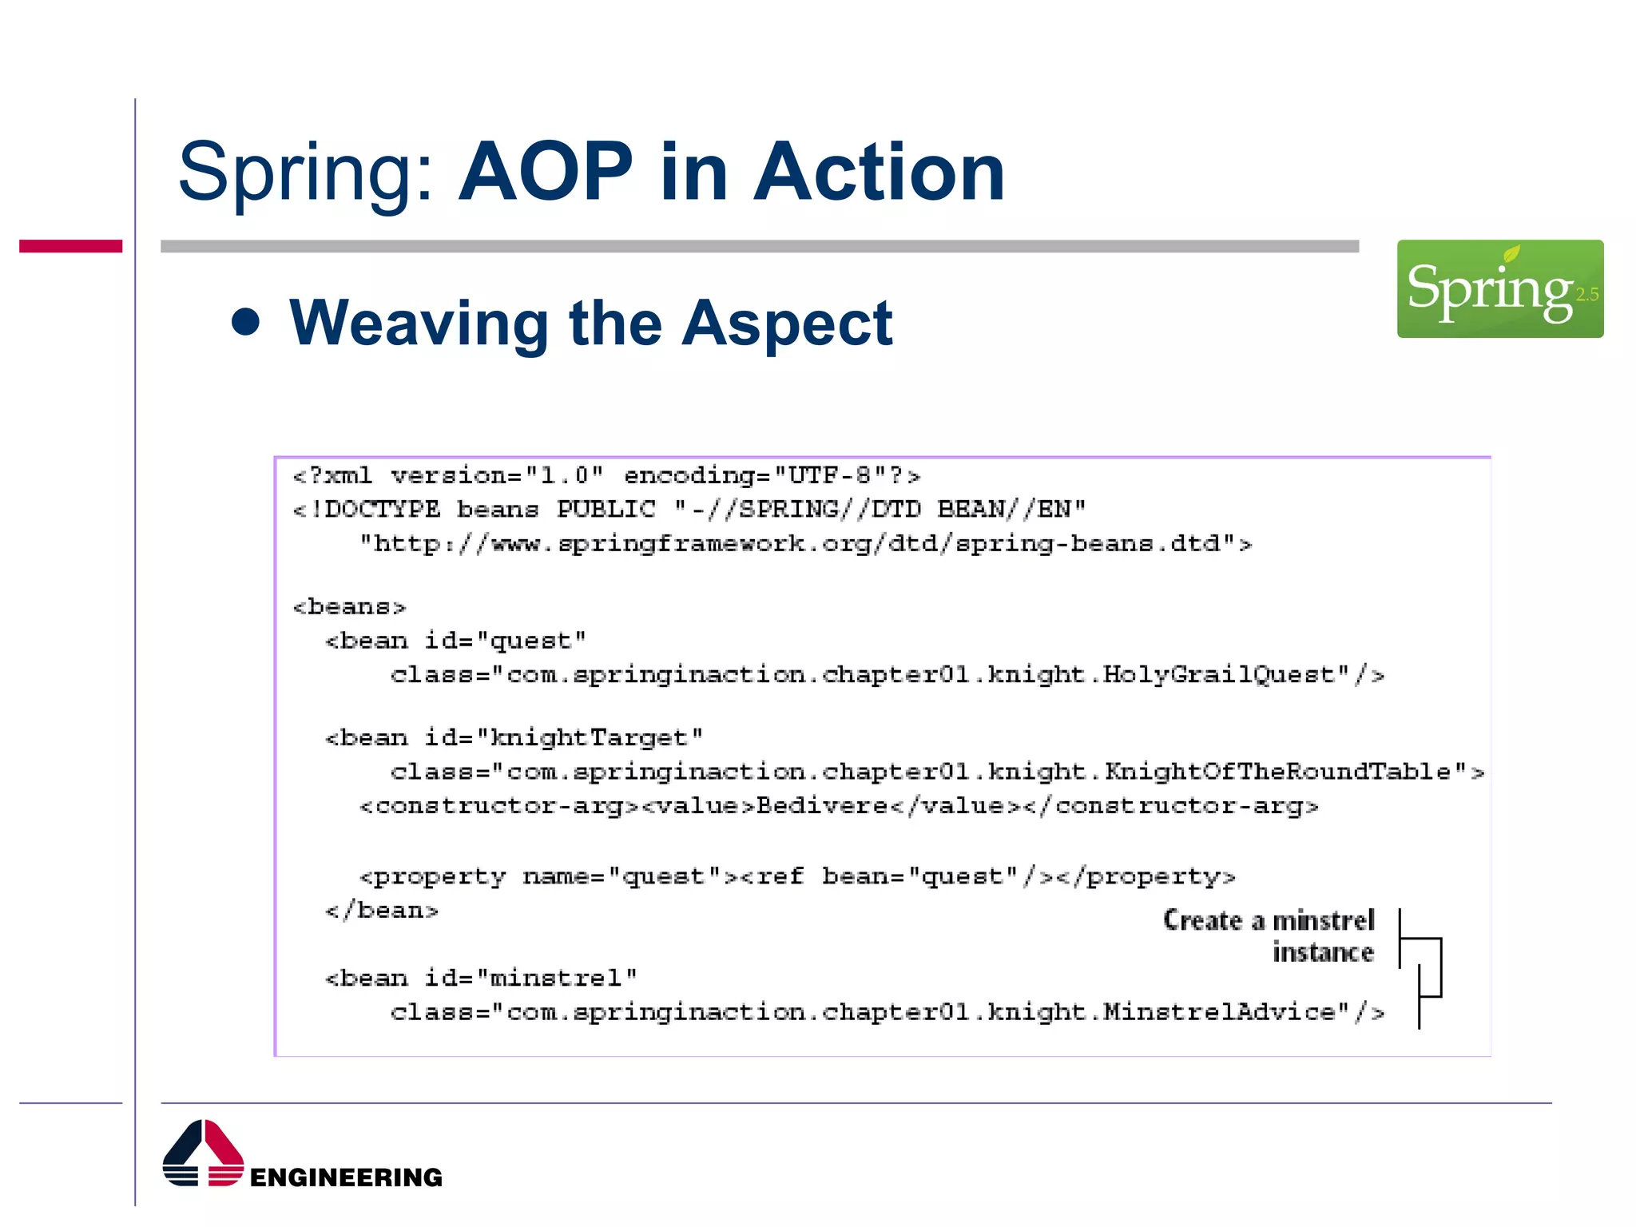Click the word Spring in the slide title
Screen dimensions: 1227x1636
pos(304,172)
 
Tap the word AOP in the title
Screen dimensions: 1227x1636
pos(546,172)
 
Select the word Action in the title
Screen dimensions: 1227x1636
pos(879,172)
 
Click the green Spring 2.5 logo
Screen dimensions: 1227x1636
pos(1499,288)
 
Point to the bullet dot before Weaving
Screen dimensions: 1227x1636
pos(246,322)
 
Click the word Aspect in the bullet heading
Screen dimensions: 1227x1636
pos(787,323)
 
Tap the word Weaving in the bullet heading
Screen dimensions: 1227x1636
pos(419,323)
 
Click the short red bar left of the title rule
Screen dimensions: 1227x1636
pos(70,246)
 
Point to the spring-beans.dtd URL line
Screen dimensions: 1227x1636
pos(805,544)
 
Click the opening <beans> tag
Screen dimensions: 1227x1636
pos(349,607)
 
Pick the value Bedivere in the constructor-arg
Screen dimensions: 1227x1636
pos(821,805)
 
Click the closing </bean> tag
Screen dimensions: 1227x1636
pos(382,911)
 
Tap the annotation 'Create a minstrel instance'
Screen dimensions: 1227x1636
pos(1269,936)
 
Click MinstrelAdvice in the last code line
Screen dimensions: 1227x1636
pos(1220,1012)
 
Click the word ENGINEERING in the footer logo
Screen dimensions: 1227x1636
pos(346,1177)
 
